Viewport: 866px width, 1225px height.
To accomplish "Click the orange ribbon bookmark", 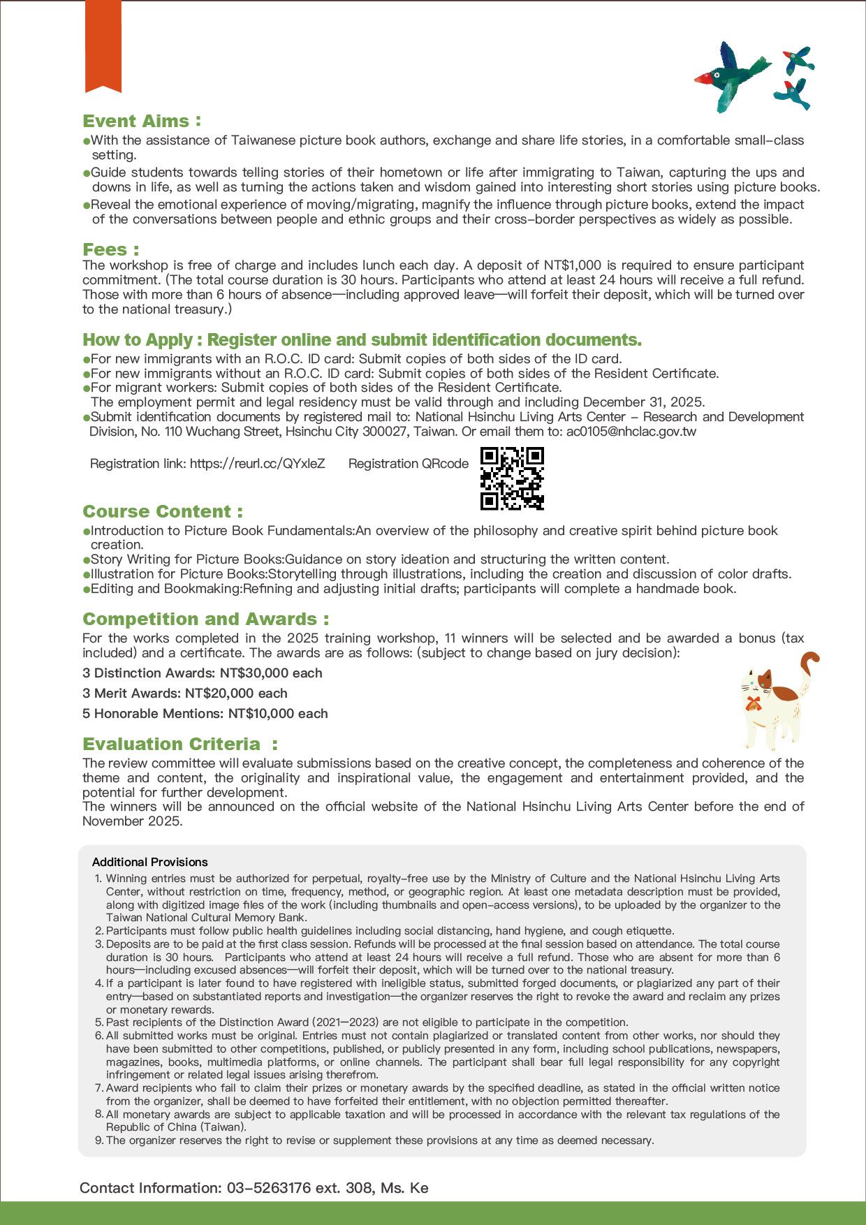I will tap(103, 46).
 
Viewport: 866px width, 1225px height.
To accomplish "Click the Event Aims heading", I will tap(142, 122).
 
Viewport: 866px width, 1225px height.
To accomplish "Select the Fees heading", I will tap(110, 250).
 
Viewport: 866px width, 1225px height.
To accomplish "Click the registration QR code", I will tap(512, 478).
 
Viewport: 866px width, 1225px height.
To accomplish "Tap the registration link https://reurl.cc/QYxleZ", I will tap(257, 464).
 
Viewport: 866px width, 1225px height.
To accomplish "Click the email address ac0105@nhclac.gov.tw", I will tap(631, 432).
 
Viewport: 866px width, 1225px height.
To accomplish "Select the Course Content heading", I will tap(163, 512).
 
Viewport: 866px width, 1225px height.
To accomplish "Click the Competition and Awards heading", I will tap(205, 619).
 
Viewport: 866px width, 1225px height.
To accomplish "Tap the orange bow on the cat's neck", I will tap(752, 703).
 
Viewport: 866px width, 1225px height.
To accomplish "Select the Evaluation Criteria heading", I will tap(179, 744).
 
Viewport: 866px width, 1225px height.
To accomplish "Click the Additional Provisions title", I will tap(150, 863).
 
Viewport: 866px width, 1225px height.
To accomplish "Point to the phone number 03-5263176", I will tap(269, 1188).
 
